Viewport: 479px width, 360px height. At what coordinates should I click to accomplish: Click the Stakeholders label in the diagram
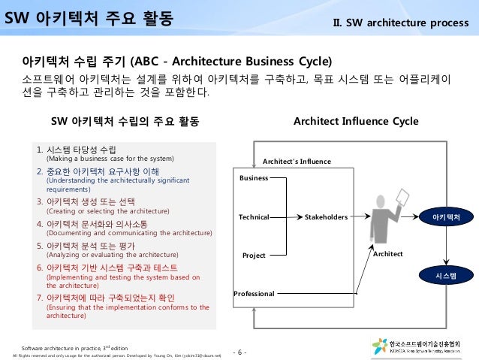[326, 217]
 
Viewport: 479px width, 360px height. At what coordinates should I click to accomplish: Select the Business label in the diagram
[253, 177]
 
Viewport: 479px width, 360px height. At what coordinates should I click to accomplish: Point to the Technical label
[253, 217]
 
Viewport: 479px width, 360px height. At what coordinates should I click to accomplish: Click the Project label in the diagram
[254, 256]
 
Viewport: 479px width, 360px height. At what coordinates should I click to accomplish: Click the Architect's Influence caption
[296, 161]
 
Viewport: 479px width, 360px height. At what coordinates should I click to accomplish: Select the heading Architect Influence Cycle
[356, 121]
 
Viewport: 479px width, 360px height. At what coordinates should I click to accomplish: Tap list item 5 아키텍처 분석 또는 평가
[98, 245]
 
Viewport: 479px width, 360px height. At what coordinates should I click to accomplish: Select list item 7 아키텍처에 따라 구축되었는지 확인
[113, 298]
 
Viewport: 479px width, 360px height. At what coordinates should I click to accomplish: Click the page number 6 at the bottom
[241, 352]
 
